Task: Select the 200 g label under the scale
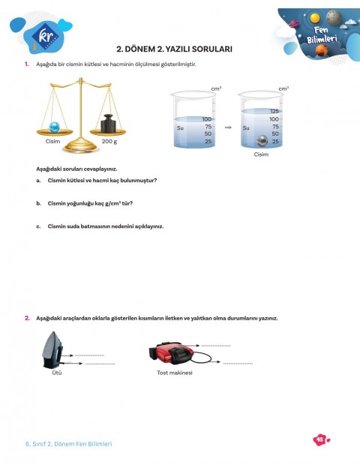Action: [x=109, y=141]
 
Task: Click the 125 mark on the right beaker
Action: [x=274, y=111]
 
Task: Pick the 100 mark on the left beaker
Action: [x=207, y=119]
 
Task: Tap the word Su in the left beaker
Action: [x=180, y=127]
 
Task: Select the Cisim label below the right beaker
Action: [x=261, y=154]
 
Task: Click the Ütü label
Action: [x=57, y=372]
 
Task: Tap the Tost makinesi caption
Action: [x=175, y=373]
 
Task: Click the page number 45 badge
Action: [x=319, y=440]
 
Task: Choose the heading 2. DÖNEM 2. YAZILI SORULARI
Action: [x=179, y=49]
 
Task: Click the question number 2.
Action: [x=27, y=318]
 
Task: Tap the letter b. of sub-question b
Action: [x=38, y=203]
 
